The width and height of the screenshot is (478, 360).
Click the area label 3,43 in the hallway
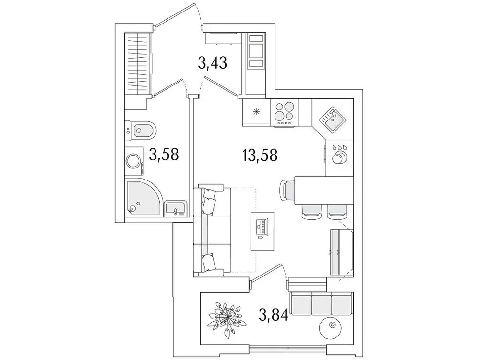coord(212,63)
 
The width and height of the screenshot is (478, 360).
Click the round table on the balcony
coord(333,327)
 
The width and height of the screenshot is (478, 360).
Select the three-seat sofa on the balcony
coord(321,304)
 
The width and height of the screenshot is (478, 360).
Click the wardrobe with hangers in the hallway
coord(137,62)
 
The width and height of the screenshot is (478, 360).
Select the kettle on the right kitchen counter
coord(339,156)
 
